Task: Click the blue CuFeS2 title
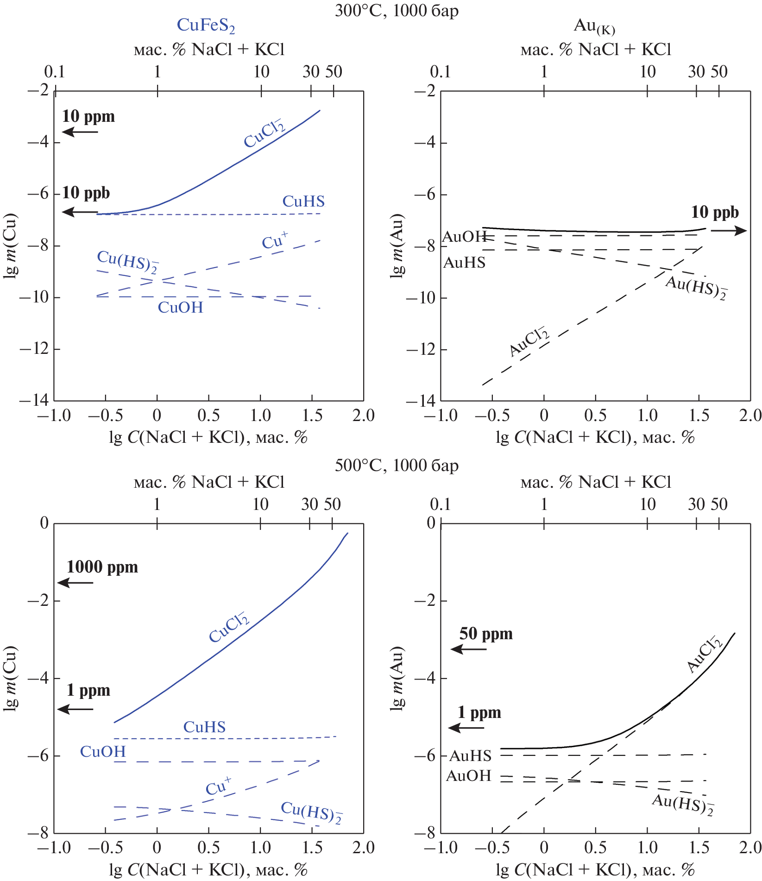coord(206,26)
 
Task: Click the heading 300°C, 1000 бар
coord(397,10)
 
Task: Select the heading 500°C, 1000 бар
coord(397,465)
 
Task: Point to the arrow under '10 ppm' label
coord(80,132)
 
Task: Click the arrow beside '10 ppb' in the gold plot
coord(729,231)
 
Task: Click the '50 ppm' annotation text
coord(486,634)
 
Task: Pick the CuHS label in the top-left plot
coord(303,201)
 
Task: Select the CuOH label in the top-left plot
coord(180,307)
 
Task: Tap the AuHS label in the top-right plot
coord(464,263)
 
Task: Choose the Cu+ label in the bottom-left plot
coord(218,787)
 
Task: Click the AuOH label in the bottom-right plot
coord(468,776)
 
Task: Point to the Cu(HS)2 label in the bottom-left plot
coord(311,812)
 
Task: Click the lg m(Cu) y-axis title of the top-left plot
coord(10,245)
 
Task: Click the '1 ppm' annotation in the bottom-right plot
coord(479,712)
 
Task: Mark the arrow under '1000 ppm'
coord(76,582)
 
